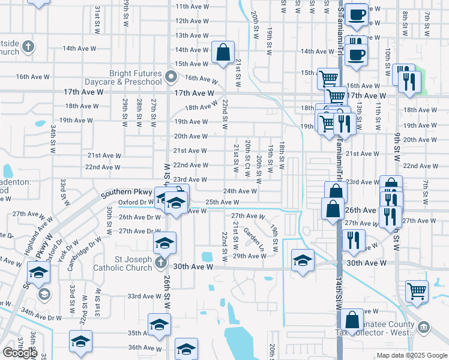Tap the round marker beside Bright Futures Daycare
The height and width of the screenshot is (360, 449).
tap(171, 77)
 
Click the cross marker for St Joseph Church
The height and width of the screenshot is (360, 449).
tap(160, 263)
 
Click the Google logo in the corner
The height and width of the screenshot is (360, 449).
tap(20, 353)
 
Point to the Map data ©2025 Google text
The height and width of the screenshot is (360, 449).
tap(411, 355)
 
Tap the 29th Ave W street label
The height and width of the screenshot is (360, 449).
tap(250, 256)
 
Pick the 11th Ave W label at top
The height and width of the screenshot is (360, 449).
tap(191, 6)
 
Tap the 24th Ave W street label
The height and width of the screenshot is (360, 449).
tap(240, 191)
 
